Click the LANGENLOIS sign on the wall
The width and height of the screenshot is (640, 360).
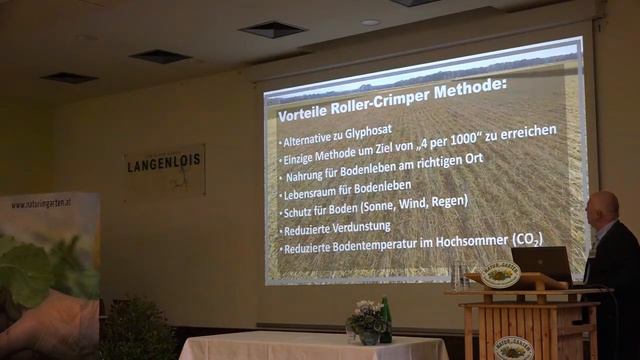pyautogui.click(x=165, y=166)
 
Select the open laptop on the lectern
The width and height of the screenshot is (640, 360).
pyautogui.click(x=542, y=263)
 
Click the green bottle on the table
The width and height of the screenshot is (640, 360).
pyautogui.click(x=385, y=321)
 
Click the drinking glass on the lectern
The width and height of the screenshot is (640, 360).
pyautogui.click(x=458, y=276)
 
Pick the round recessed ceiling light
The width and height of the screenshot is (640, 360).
pyautogui.click(x=371, y=22)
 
